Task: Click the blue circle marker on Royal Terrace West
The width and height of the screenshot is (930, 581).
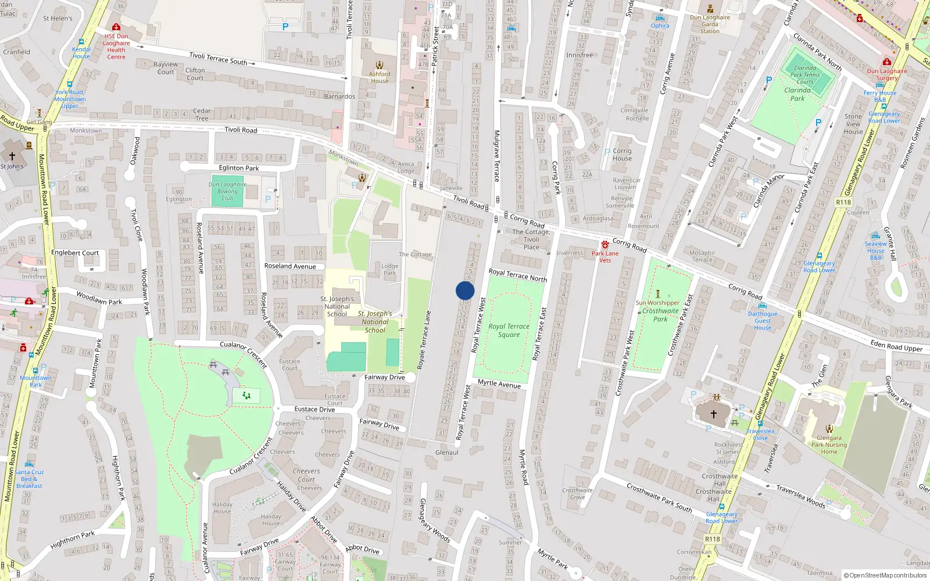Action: pos(465,290)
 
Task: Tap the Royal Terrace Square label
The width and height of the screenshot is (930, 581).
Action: pos(509,330)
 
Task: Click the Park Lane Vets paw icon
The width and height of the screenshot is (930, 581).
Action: pos(605,245)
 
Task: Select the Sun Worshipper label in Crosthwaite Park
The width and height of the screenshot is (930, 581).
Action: pos(657,303)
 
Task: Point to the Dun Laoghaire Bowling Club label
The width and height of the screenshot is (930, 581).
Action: pos(227,191)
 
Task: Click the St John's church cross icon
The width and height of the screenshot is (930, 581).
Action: pos(12,156)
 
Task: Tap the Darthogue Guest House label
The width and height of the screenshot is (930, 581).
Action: pos(763,321)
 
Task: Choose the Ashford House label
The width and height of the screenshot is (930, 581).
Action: pos(380,77)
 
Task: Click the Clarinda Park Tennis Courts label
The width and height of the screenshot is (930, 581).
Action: pos(805,74)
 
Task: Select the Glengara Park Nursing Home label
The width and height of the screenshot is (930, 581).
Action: pos(829,445)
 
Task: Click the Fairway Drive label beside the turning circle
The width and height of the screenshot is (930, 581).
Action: pos(384,377)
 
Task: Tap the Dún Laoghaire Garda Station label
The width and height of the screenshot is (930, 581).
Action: pos(710,24)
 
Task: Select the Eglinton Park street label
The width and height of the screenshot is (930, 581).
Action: pos(239,168)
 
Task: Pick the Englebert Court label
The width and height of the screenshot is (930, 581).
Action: pos(75,253)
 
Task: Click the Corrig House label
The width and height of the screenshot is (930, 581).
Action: pos(622,154)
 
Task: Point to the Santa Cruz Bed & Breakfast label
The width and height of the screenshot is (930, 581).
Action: pos(29,479)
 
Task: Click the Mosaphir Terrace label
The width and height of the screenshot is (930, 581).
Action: pos(702,256)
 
